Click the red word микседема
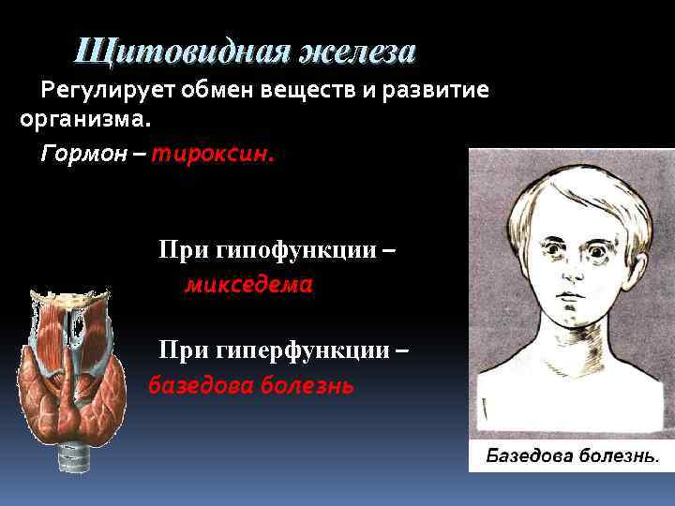248,284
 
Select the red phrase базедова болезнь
251,384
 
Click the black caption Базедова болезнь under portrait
571,456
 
